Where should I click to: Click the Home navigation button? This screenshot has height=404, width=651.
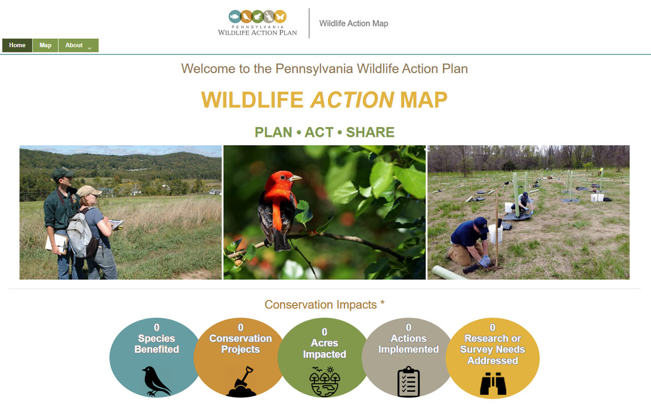17,45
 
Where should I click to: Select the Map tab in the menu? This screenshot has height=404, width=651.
45,45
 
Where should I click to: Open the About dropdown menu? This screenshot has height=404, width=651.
78,45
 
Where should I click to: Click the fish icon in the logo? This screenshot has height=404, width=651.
235,17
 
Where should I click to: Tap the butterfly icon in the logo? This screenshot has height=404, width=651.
280,17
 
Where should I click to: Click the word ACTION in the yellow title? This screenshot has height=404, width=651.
352,100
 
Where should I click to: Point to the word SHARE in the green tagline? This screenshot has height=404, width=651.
370,132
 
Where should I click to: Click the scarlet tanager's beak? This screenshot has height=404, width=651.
296,178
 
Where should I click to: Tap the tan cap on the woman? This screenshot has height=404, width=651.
88,191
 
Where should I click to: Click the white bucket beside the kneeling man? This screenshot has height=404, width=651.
495,234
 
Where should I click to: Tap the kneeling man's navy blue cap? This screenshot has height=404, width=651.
481,224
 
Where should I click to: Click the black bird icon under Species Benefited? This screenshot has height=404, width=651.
156,381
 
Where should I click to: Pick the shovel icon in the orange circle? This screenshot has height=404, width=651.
241,382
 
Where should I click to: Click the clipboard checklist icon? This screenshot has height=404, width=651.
408,381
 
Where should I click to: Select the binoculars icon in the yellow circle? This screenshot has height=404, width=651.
493,383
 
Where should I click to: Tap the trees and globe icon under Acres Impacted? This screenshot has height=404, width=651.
324,382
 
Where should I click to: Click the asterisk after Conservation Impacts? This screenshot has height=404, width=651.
382,303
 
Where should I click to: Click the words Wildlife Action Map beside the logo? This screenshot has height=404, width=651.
353,23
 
